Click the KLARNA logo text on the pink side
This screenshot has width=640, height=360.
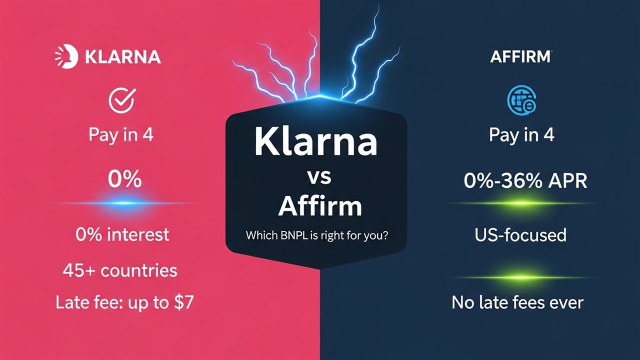tap(122, 56)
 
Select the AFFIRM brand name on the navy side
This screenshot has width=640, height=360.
tap(520, 56)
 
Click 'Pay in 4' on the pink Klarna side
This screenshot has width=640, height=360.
tap(120, 135)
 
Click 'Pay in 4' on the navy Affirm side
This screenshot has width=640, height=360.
tap(521, 135)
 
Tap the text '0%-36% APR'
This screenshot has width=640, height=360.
tap(525, 181)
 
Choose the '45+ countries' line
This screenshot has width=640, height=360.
tap(120, 270)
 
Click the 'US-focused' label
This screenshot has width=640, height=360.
tap(520, 234)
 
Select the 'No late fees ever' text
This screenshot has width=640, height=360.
tap(517, 302)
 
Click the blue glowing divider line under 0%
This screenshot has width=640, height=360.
tap(124, 203)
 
